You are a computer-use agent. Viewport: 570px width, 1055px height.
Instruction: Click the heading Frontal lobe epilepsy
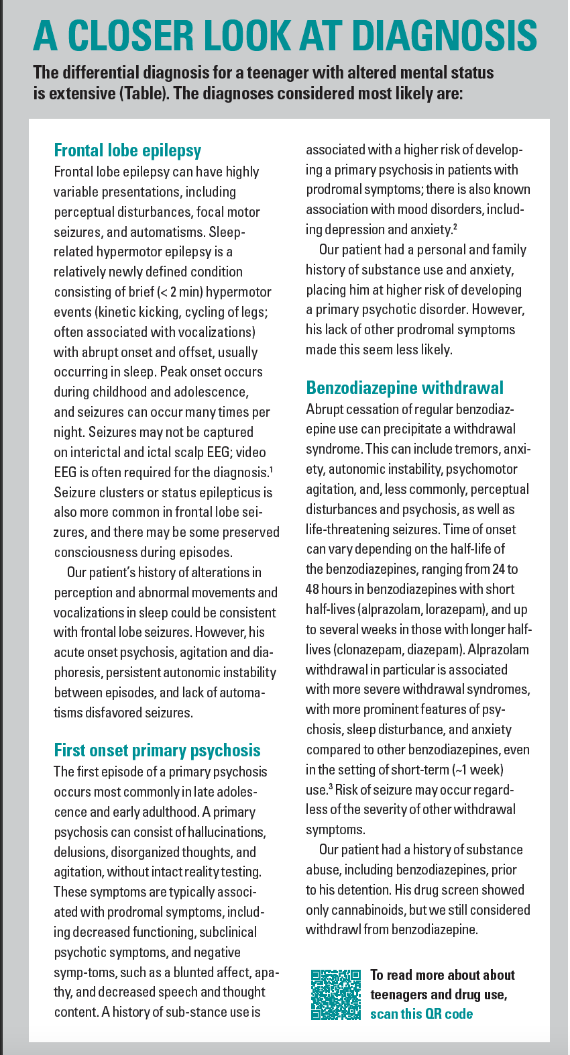click(127, 150)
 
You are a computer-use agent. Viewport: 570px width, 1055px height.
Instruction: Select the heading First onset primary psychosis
click(157, 750)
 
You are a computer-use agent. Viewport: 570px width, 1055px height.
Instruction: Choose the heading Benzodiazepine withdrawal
click(404, 388)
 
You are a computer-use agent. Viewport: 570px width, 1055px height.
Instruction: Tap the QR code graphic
click(336, 995)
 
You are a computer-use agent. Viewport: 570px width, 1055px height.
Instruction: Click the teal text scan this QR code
click(421, 1013)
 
